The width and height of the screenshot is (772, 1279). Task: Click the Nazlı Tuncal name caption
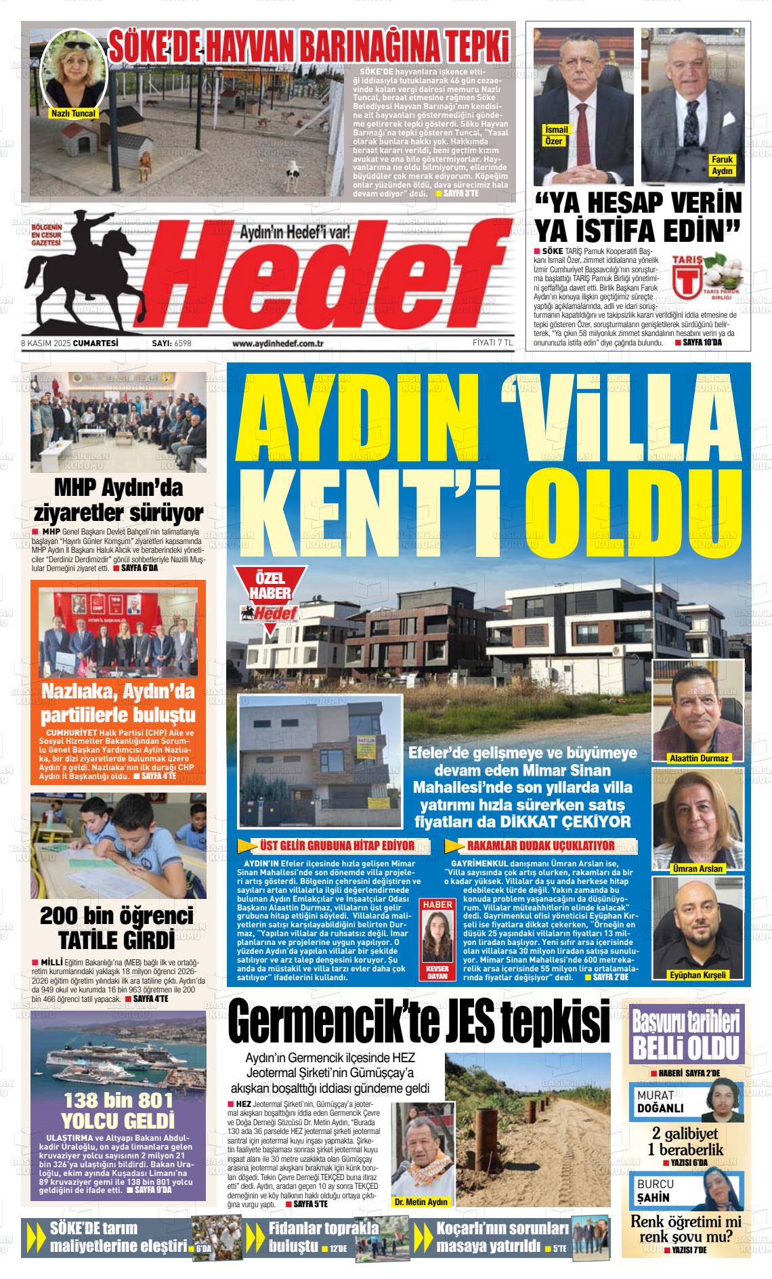click(74, 114)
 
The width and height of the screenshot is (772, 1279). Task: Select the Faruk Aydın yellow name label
click(722, 165)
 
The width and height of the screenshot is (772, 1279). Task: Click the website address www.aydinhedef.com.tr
click(278, 343)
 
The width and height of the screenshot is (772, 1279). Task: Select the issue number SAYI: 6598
click(172, 343)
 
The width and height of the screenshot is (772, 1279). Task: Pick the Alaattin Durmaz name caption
click(698, 758)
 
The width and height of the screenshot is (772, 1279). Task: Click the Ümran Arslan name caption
click(698, 868)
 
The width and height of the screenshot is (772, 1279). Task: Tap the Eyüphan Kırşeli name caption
click(698, 975)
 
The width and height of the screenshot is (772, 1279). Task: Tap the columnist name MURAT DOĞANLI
click(660, 1102)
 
